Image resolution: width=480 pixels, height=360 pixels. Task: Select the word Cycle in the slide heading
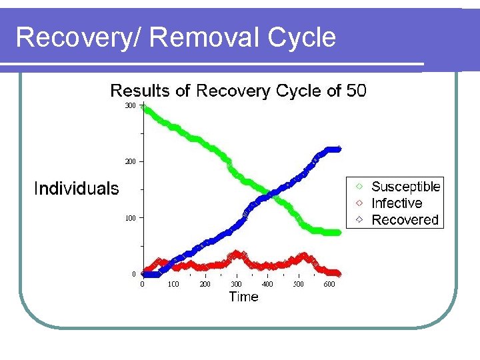click(301, 37)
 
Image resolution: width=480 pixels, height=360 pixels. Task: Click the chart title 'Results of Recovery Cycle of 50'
click(238, 91)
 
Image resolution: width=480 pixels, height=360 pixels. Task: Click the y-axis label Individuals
click(76, 189)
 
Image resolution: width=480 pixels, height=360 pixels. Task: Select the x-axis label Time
click(243, 297)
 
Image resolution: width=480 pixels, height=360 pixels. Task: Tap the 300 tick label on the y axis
click(130, 105)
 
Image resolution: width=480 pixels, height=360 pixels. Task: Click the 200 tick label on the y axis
click(130, 161)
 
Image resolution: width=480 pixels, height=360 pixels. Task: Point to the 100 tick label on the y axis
click(130, 218)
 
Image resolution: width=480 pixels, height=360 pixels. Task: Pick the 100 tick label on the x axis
click(173, 284)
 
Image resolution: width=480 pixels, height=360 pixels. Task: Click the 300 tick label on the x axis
click(236, 284)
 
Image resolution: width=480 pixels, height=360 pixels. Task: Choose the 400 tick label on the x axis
click(267, 284)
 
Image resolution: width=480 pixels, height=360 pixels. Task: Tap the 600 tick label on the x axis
click(329, 284)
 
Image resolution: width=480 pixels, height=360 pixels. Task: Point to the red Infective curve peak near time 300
click(236, 255)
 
